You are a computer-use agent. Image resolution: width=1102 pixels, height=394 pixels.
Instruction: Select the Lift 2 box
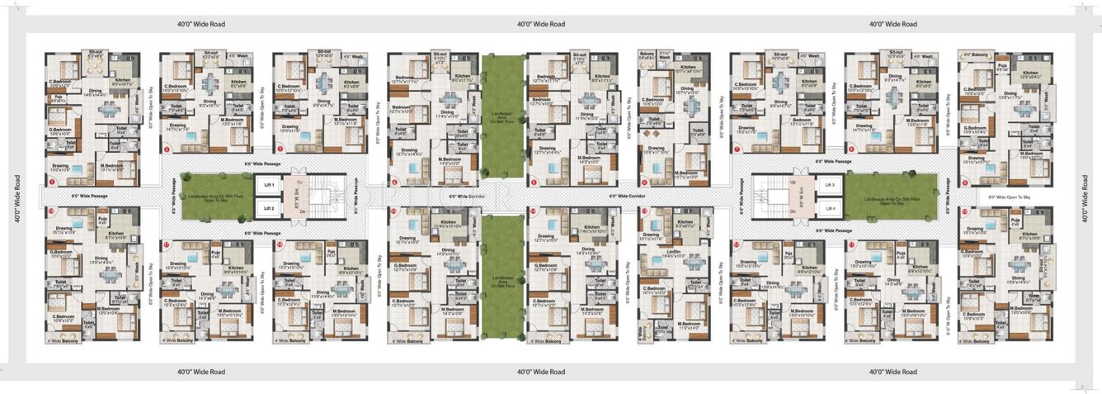pos(266,208)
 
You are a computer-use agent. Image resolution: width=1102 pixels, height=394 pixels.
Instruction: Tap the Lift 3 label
pos(828,186)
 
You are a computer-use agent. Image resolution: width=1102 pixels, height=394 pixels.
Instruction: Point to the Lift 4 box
pos(828,208)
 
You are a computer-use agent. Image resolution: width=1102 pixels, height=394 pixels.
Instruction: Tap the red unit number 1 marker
pos(51,181)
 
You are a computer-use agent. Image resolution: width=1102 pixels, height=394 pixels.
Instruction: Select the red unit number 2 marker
pos(166,150)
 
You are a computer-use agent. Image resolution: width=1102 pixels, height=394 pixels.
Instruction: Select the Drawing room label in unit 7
pos(747,127)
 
